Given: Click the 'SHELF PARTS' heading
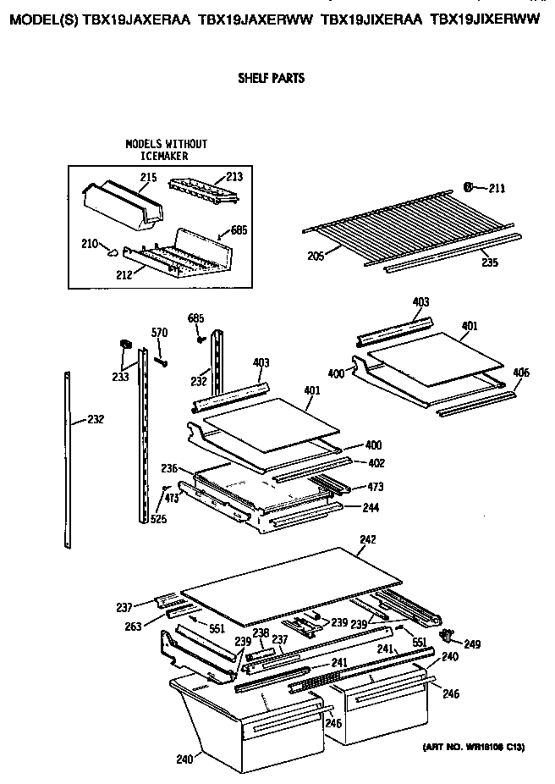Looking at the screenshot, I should pos(272,78).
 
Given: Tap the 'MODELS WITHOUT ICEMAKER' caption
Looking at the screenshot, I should pos(166,150).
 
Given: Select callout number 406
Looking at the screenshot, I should pos(521,373).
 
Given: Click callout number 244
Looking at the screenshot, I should pos(370,508).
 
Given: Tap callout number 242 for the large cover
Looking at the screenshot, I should pos(366,539).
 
